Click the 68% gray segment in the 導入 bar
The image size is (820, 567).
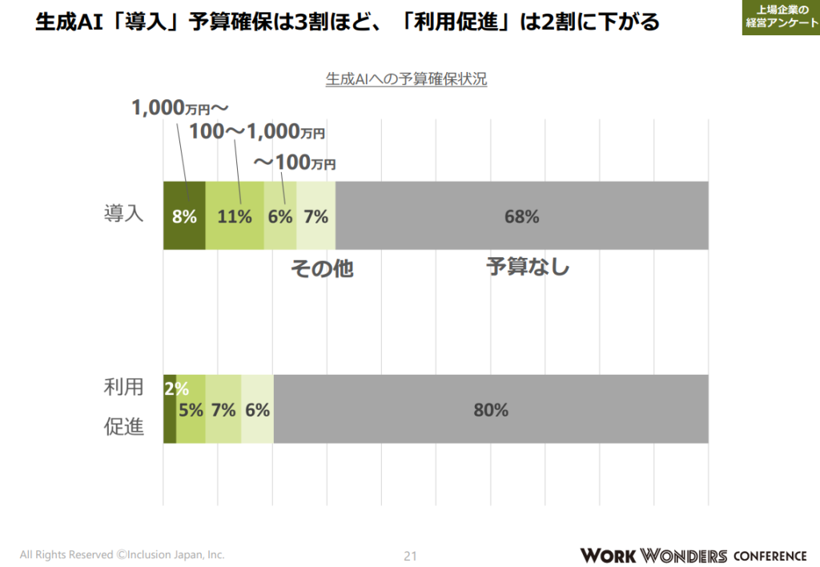pyautogui.click(x=521, y=215)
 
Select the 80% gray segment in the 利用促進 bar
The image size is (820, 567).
pyautogui.click(x=491, y=409)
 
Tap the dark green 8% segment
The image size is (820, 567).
pyautogui.click(x=184, y=215)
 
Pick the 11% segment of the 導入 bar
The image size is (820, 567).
pyautogui.click(x=235, y=215)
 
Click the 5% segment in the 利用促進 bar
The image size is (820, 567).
pyautogui.click(x=191, y=409)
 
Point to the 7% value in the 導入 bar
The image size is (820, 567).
pyautogui.click(x=316, y=215)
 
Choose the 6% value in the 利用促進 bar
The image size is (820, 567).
pyautogui.click(x=257, y=409)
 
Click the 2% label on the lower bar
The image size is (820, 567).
pyautogui.click(x=176, y=389)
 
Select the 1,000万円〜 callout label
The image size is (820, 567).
pyautogui.click(x=180, y=108)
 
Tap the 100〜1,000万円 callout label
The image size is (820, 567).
pyautogui.click(x=257, y=133)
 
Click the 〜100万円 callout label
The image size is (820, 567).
pyautogui.click(x=295, y=163)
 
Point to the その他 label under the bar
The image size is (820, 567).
pyautogui.click(x=321, y=269)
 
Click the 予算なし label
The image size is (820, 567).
pyautogui.click(x=528, y=266)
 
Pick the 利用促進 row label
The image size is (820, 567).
pyautogui.click(x=123, y=407)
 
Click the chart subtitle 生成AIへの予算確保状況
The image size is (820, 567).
pyautogui.click(x=406, y=79)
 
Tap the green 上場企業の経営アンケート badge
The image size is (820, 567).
pyautogui.click(x=780, y=16)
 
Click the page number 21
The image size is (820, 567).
pyautogui.click(x=410, y=556)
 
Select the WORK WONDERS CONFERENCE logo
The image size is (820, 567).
pyautogui.click(x=693, y=555)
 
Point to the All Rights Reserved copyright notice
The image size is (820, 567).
pyautogui.click(x=122, y=554)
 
